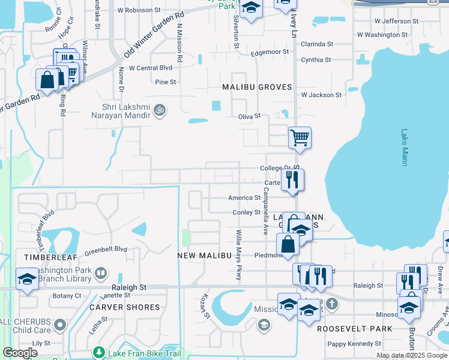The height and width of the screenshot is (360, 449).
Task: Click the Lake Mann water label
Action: pos(405,148)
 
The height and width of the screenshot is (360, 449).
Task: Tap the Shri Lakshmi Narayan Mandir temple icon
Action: pos(160,110)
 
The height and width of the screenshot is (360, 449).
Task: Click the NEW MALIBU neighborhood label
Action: pos(205,256)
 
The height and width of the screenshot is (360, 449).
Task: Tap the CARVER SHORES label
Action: pos(125,307)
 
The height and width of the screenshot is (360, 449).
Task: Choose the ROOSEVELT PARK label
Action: pos(355,329)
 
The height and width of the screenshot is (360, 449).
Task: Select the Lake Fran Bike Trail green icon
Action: pos(99,353)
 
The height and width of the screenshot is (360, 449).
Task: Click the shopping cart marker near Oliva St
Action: pos(300,137)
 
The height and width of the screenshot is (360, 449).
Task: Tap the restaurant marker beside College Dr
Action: pos(292,179)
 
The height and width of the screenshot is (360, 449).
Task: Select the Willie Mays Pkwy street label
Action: pos(238,254)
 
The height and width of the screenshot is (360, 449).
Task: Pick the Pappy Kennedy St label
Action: pos(354,344)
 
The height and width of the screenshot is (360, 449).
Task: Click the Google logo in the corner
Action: pos(20,353)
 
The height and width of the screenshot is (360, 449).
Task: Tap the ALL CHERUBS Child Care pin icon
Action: pos(59,325)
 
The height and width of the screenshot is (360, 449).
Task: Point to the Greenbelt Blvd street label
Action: pos(106,249)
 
